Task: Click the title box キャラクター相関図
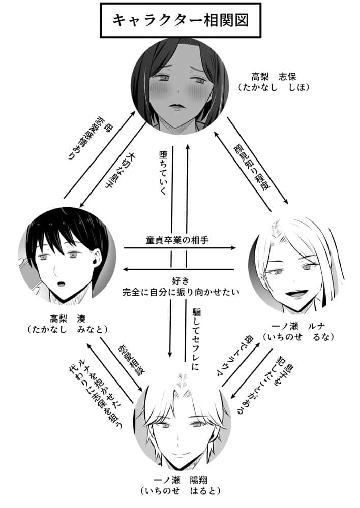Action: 180,21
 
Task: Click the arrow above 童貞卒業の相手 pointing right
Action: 180,248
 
